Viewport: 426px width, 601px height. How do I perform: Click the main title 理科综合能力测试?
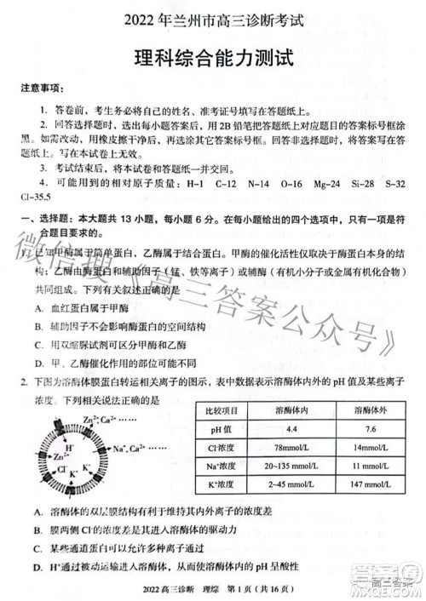tap(213, 58)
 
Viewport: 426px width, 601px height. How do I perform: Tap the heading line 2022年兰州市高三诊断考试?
tap(213, 20)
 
